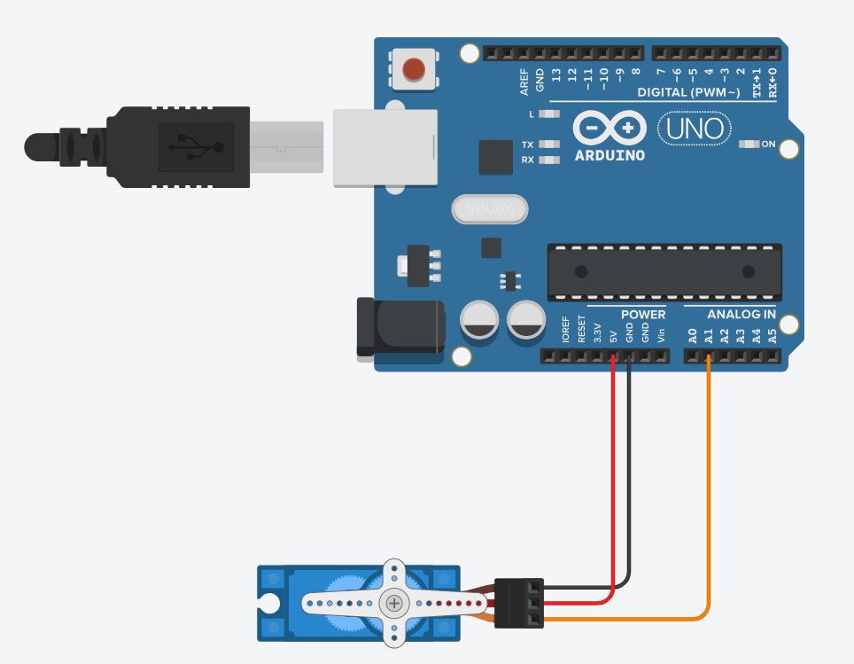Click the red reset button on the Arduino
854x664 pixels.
[x=413, y=69]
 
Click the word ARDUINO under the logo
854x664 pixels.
[x=609, y=155]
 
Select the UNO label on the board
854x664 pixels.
[x=695, y=129]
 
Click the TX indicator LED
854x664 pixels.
[x=550, y=145]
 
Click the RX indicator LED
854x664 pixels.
[x=550, y=160]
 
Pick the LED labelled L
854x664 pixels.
[x=550, y=114]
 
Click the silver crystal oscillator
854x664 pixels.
[x=489, y=209]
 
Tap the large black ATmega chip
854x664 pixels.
[x=664, y=271]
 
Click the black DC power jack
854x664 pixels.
[x=400, y=328]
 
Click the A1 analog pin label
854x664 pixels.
[x=709, y=335]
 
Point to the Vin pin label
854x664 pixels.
[x=661, y=333]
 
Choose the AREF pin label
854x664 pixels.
[x=524, y=82]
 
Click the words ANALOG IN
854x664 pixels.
[x=741, y=315]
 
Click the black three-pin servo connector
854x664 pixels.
[x=518, y=603]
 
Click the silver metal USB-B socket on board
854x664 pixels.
[x=385, y=147]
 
